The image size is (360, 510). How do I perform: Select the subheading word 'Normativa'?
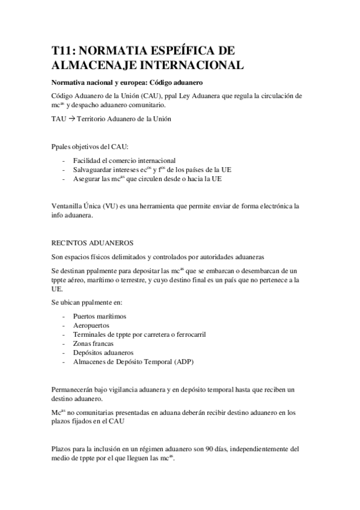pos(69,81)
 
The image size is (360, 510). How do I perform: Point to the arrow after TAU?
pos(70,118)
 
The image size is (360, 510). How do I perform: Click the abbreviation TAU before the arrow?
pos(58,118)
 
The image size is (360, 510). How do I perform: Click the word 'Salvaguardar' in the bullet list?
pos(91,170)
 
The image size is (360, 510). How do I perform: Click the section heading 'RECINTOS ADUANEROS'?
pos(92,243)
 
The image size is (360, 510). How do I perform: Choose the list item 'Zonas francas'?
pos(93,343)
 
